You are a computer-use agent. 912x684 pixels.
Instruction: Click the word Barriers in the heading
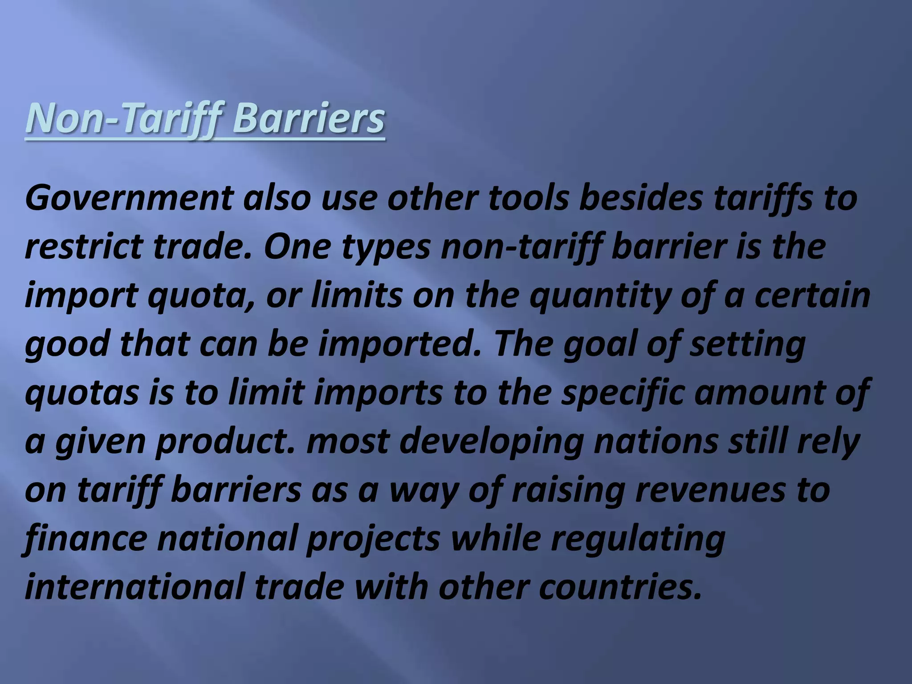pos(308,118)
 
